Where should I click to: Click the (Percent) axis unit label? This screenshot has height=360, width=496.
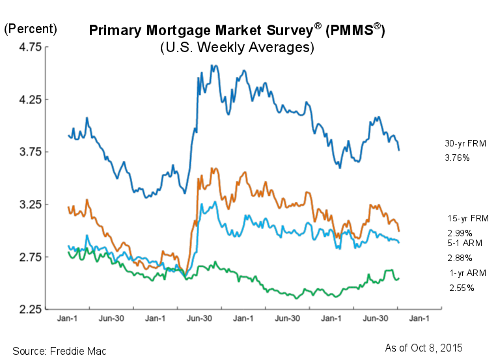click(31, 29)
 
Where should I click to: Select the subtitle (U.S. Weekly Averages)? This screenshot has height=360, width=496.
click(237, 48)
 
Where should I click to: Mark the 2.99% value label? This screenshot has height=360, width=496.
click(460, 232)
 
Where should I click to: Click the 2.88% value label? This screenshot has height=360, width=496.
click(460, 258)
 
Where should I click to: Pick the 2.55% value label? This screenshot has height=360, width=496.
click(461, 288)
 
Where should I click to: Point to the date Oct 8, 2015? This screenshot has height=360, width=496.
click(439, 347)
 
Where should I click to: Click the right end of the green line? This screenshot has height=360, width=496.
click(399, 279)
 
